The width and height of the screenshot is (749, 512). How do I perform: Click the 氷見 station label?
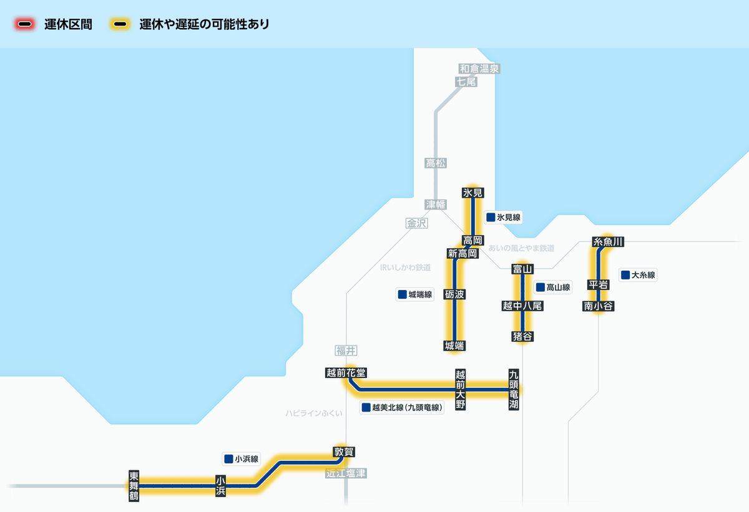(x=473, y=193)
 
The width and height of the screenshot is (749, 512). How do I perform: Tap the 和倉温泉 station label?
(x=479, y=69)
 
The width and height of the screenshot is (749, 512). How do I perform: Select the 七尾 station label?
(x=466, y=82)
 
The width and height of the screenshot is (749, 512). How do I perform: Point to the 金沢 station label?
(x=416, y=223)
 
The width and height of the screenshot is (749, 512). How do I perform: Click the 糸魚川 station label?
(x=609, y=242)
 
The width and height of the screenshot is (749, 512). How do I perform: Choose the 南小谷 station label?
(x=599, y=306)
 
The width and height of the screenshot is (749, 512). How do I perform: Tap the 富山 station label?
(x=521, y=269)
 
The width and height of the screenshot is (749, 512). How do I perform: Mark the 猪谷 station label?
(x=522, y=337)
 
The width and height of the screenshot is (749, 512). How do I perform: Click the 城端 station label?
(x=455, y=345)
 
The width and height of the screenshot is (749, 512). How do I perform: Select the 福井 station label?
(x=346, y=350)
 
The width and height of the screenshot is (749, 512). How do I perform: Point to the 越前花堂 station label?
(x=346, y=373)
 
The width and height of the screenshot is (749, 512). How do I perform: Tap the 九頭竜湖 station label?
(x=513, y=390)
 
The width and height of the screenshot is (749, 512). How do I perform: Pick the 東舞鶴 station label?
(x=134, y=486)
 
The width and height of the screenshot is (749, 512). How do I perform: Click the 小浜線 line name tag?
(x=242, y=459)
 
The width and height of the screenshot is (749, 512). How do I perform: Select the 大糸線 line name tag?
(x=638, y=275)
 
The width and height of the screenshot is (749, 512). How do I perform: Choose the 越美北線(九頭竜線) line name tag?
(x=402, y=408)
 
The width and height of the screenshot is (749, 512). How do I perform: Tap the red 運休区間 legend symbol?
(x=25, y=25)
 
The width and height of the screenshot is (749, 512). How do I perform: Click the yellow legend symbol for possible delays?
(x=120, y=25)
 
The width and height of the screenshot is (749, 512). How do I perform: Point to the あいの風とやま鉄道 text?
(x=521, y=248)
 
